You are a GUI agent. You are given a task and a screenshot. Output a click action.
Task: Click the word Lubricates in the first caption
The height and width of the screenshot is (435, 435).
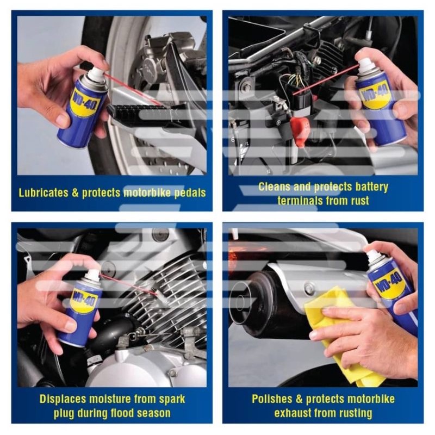(x=43, y=192)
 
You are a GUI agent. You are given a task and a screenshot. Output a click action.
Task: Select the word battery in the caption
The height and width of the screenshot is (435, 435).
(x=372, y=187)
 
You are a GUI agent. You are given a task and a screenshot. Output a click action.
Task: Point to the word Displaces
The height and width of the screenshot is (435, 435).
(x=63, y=399)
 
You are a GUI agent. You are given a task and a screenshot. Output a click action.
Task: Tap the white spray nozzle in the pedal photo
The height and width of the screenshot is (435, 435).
(x=97, y=73)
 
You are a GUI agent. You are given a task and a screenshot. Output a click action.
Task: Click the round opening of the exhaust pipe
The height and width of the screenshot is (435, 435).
(x=241, y=301)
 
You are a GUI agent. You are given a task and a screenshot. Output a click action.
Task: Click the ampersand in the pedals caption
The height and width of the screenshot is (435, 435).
(x=75, y=192)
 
